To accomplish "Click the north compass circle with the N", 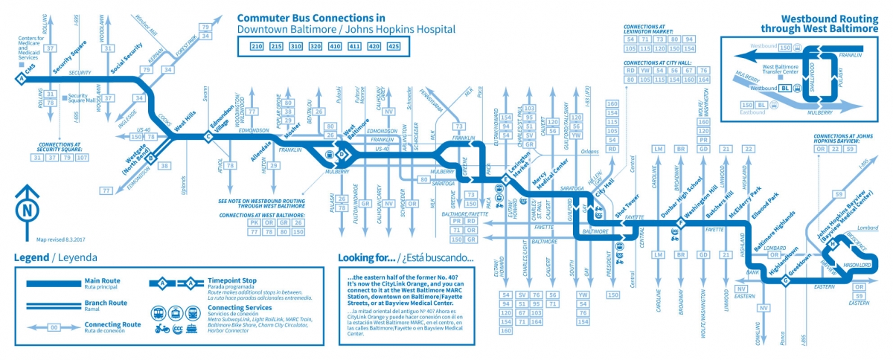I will pyautogui.click(x=27, y=210).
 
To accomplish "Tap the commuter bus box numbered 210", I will pyautogui.click(x=257, y=47).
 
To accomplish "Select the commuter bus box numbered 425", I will pyautogui.click(x=393, y=47).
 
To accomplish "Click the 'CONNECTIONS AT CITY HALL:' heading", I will pyautogui.click(x=659, y=62).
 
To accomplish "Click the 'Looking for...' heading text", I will pyautogui.click(x=363, y=258).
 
